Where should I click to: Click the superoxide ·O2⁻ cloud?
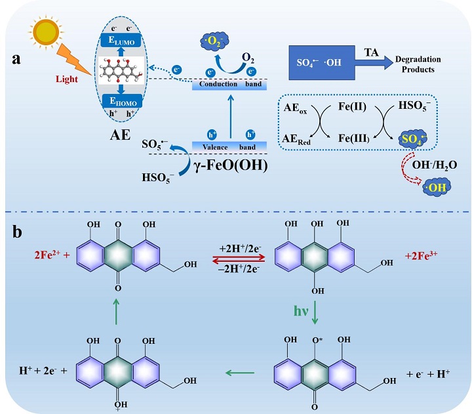(213, 46)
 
